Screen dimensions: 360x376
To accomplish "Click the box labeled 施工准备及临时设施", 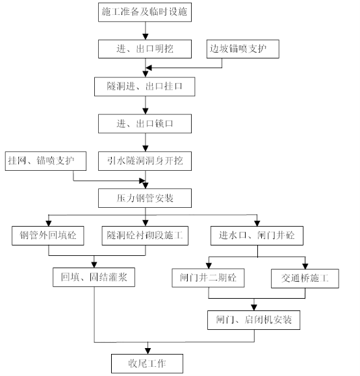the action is pos(145,12).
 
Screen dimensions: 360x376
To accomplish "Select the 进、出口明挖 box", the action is pos(145,49).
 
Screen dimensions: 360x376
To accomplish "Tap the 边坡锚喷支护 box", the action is pos(243,49).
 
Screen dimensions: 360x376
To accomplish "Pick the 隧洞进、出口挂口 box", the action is pos(144,86).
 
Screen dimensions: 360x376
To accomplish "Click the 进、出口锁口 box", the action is pos(145,124).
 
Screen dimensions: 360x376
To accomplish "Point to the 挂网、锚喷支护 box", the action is pos(45,161).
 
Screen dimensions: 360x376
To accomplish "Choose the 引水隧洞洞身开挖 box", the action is pos(145,161).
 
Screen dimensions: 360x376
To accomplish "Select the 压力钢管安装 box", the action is pos(145,198).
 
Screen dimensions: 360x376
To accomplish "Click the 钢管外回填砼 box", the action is pos(47,236).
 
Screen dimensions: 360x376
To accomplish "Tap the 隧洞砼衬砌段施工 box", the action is pos(145,236).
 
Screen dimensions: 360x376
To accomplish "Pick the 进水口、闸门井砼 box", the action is pos(257,236).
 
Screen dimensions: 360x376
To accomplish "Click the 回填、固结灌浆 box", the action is pos(94,277).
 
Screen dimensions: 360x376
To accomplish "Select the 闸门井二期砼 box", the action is pos(208,278).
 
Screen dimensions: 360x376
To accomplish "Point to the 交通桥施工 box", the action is pos(305,279).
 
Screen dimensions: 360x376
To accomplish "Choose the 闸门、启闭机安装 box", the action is pos(253,320).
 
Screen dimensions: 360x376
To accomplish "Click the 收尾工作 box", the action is pos(147,364).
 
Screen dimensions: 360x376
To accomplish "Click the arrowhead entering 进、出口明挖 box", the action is pos(146,37).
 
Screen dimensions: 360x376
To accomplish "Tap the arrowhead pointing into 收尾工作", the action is pos(148,351).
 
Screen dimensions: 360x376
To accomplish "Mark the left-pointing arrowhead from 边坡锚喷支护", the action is pos(149,68).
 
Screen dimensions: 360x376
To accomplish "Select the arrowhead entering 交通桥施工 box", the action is pos(305,266).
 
